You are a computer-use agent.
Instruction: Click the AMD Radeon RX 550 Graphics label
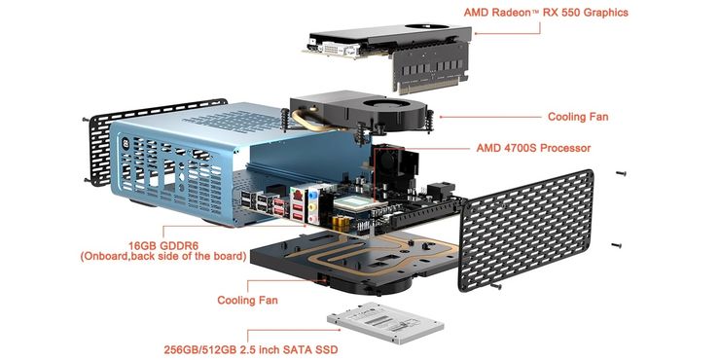point(546,13)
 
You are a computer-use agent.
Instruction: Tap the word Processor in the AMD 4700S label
point(564,148)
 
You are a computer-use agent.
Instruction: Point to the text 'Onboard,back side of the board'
point(163,256)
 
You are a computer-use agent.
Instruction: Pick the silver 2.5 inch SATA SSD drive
point(384,323)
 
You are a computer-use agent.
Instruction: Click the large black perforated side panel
point(526,231)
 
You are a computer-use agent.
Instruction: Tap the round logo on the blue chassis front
point(126,144)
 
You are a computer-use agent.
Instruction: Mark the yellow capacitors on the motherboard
point(342,222)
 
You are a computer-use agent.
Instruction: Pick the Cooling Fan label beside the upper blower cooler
point(578,117)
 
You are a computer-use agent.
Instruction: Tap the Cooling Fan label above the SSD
point(247,301)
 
